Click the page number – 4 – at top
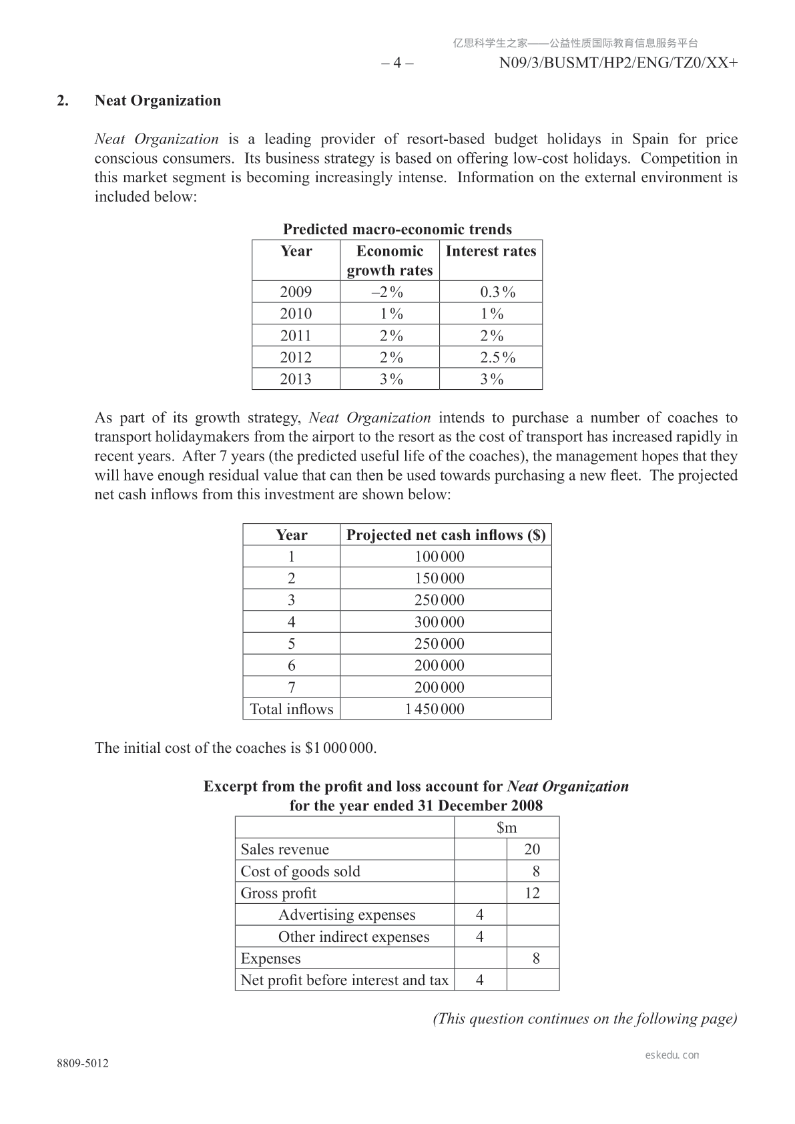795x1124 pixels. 397,63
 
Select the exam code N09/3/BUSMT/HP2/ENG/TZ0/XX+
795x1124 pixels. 618,63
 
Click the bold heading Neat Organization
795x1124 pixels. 158,101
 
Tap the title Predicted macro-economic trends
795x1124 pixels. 397,230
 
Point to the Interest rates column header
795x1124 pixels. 491,252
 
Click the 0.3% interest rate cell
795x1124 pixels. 498,292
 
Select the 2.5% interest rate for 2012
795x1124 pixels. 498,358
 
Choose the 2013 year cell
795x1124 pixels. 296,379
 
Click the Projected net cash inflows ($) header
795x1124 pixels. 446,535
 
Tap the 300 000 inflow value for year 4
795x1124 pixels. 439,622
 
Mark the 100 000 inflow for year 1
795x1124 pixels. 439,557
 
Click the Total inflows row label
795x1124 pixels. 291,710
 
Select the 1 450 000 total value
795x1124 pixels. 435,710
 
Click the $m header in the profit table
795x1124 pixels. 507,828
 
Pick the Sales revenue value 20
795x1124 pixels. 532,850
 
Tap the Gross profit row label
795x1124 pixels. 278,894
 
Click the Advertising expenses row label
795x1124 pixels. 346,915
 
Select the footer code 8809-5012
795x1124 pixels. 83,1064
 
